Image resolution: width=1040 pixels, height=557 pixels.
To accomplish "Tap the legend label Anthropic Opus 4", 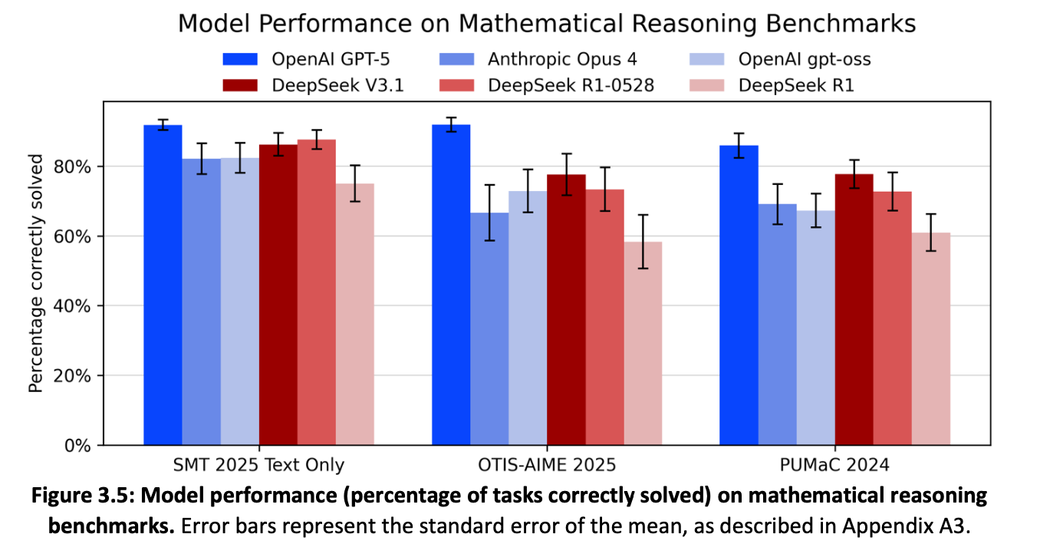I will click(562, 59).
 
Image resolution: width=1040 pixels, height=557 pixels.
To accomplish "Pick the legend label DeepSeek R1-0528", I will click(571, 85).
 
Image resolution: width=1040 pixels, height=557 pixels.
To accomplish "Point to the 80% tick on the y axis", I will click(102, 166).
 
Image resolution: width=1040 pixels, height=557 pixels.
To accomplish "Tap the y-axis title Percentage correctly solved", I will click(36, 273).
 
